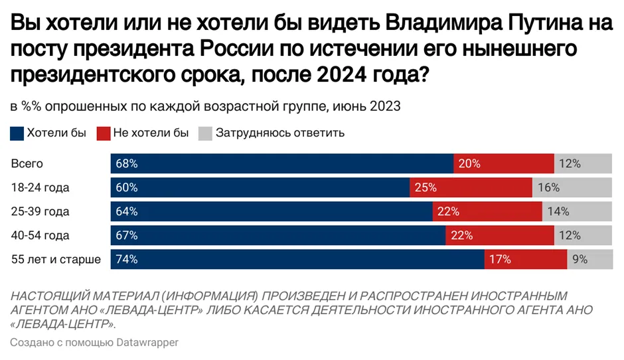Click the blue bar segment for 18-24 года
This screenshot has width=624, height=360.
tap(260, 187)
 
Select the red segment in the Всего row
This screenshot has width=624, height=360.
tap(503, 163)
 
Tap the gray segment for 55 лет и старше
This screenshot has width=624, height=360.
tap(589, 259)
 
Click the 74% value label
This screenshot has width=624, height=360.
tap(126, 259)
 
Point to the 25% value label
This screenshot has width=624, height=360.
tap(426, 187)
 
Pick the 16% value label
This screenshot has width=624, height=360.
tap(549, 187)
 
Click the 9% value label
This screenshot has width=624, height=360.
tap(580, 259)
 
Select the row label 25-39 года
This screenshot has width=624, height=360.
tap(40, 211)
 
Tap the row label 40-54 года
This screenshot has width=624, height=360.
tap(40, 235)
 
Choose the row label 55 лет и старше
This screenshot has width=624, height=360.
tap(56, 259)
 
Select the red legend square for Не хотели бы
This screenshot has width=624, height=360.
tap(104, 133)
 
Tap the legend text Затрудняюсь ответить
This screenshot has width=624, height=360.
tap(279, 133)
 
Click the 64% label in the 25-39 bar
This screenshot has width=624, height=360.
tap(126, 211)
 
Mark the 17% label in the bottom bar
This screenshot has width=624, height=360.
tap(500, 259)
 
